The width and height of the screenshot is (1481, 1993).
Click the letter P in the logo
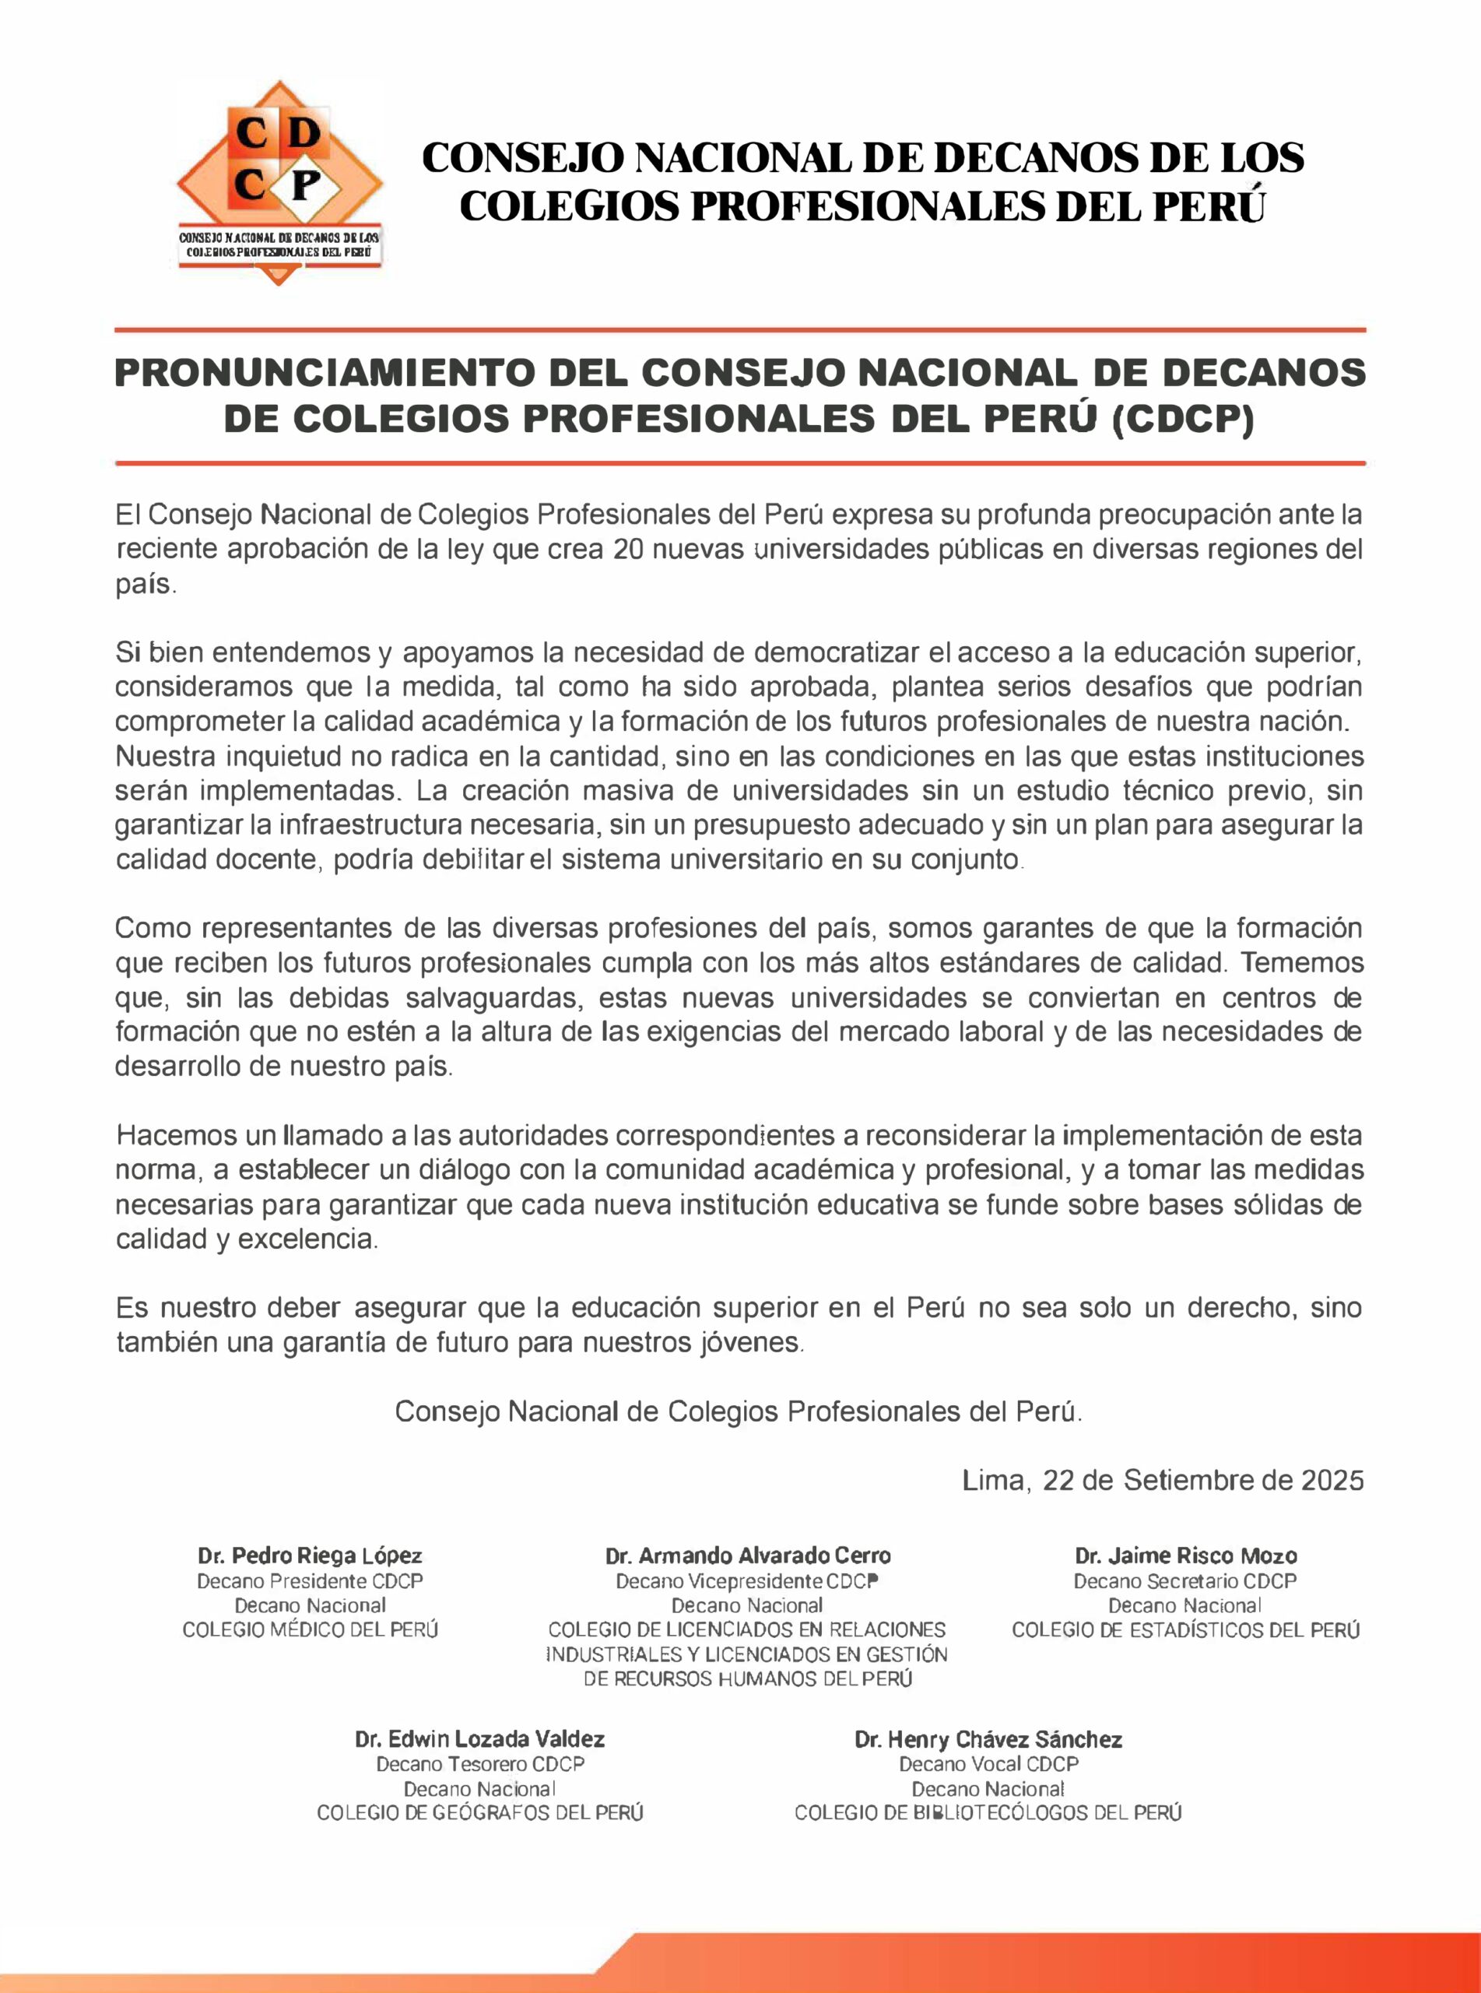pyautogui.click(x=306, y=187)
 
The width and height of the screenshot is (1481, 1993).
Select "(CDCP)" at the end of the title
pyautogui.click(x=1181, y=420)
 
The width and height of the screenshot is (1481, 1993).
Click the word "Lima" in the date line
pyautogui.click(x=991, y=1479)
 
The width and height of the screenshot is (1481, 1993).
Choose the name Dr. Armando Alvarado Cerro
pyautogui.click(x=748, y=1555)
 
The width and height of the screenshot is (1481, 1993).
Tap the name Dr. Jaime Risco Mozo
pyautogui.click(x=1185, y=1555)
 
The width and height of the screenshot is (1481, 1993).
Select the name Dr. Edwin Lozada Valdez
pyautogui.click(x=479, y=1739)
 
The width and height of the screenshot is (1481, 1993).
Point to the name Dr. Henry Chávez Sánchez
pyautogui.click(x=988, y=1739)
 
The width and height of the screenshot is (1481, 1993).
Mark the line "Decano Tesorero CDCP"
pyautogui.click(x=479, y=1763)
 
